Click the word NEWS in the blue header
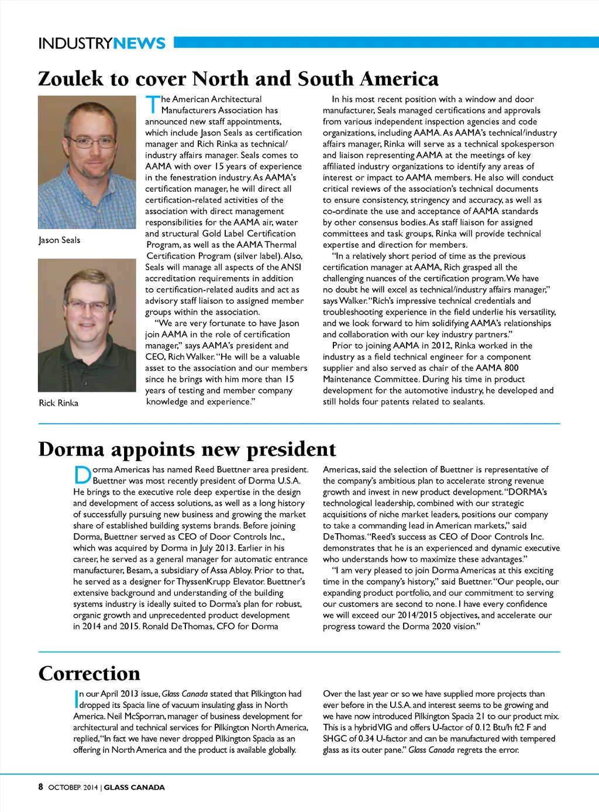coord(139,44)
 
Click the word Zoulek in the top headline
coord(71,79)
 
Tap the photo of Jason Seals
coord(87,162)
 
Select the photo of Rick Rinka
coord(87,325)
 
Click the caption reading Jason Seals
coord(59,240)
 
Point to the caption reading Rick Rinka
coord(58,403)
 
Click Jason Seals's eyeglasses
coord(89,141)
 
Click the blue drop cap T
coord(152,105)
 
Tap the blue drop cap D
coord(82,475)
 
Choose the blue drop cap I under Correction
coord(76,699)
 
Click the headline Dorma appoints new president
coord(187,450)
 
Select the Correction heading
coord(89,673)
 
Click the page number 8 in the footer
coord(41,787)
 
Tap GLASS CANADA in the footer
coord(135,787)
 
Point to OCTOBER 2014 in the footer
coord(73,787)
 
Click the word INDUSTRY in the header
coord(75,44)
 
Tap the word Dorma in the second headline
coord(71,450)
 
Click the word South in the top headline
coord(325,79)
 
